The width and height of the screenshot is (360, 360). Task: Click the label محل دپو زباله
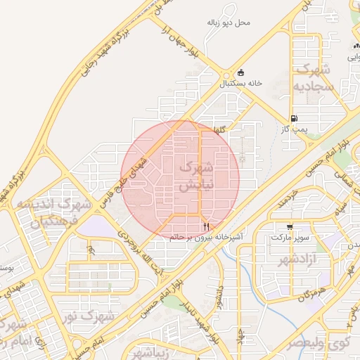click(228, 22)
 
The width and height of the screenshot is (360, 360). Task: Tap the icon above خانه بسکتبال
click(241, 72)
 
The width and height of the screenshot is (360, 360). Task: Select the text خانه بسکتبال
click(241, 83)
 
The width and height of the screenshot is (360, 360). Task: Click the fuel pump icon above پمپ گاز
click(294, 117)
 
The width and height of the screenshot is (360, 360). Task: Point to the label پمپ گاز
click(295, 129)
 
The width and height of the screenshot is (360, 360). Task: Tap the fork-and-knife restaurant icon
click(206, 226)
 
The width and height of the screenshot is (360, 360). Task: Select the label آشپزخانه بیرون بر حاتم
click(206, 238)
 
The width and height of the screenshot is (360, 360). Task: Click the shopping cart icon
click(290, 226)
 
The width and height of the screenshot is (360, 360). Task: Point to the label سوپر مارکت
click(290, 238)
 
